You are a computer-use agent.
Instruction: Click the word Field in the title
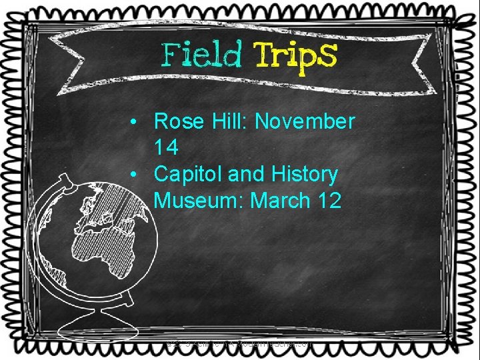pyautogui.click(x=201, y=55)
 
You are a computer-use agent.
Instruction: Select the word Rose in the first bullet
pyautogui.click(x=176, y=121)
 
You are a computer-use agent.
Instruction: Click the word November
pyautogui.click(x=305, y=121)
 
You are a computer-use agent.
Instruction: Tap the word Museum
pyautogui.click(x=198, y=200)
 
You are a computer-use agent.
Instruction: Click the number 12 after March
pyautogui.click(x=329, y=200)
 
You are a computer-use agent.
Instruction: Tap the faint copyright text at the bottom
pyautogui.click(x=240, y=345)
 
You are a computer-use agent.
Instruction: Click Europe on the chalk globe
pyautogui.click(x=107, y=207)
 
